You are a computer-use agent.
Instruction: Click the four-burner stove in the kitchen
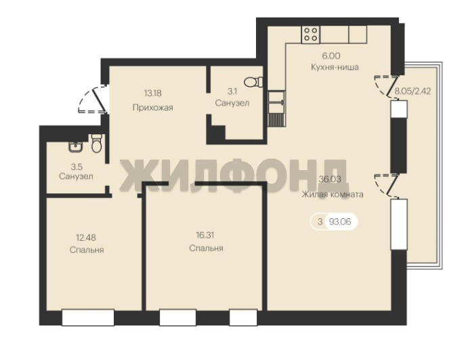pyautogui.click(x=310, y=35)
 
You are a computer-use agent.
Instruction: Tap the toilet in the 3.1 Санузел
pyautogui.click(x=253, y=82)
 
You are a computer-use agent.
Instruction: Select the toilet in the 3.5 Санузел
pyautogui.click(x=96, y=143)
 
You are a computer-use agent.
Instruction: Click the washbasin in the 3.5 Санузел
pyautogui.click(x=76, y=147)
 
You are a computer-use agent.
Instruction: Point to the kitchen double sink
pyautogui.click(x=276, y=102)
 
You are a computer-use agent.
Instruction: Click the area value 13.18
pyautogui.click(x=153, y=93)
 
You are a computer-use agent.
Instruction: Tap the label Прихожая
pyautogui.click(x=152, y=107)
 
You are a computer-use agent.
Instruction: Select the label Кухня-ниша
pyautogui.click(x=335, y=67)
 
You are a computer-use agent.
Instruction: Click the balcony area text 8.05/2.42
pyautogui.click(x=412, y=91)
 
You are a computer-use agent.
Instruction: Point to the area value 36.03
pyautogui.click(x=330, y=179)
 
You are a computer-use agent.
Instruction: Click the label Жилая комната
pyautogui.click(x=333, y=195)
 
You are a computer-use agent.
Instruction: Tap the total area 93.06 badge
pyautogui.click(x=334, y=222)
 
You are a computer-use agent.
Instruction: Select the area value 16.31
pyautogui.click(x=205, y=235)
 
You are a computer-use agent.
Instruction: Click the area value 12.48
pyautogui.click(x=86, y=237)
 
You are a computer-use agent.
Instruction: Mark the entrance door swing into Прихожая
pyautogui.click(x=93, y=99)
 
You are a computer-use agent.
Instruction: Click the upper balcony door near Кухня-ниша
pyautogui.click(x=387, y=85)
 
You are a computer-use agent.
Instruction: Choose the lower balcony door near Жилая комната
pyautogui.click(x=387, y=185)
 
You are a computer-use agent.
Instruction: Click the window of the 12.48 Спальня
pyautogui.click(x=88, y=317)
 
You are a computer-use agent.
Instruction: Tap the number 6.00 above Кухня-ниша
pyautogui.click(x=331, y=56)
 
